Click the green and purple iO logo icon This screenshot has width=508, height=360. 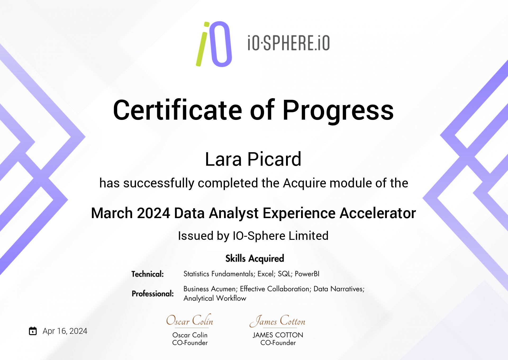pyautogui.click(x=214, y=44)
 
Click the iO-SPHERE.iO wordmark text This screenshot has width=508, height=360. pyautogui.click(x=289, y=43)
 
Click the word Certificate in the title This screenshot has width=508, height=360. pyautogui.click(x=178, y=110)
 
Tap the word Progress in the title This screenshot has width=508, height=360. pyautogui.click(x=338, y=111)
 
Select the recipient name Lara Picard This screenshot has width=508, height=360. pyautogui.click(x=253, y=159)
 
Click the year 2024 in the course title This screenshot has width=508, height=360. pyautogui.click(x=153, y=213)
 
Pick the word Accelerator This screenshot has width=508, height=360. pyautogui.click(x=378, y=213)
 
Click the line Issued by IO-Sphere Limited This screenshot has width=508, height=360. pyautogui.click(x=253, y=236)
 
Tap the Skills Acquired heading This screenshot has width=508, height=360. pyautogui.click(x=255, y=258)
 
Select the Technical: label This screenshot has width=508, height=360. pyautogui.click(x=148, y=274)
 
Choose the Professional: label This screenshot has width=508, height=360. pyautogui.click(x=153, y=294)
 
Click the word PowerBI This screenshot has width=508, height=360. pyautogui.click(x=307, y=274)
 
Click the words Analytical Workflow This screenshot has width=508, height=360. pyautogui.click(x=215, y=298)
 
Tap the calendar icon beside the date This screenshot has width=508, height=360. pyautogui.click(x=33, y=331)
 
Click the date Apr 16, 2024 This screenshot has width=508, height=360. pyautogui.click(x=65, y=331)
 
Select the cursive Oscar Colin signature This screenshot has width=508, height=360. pyautogui.click(x=190, y=320)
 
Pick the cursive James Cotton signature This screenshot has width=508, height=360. pyautogui.click(x=277, y=321)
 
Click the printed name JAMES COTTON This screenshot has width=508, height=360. pyautogui.click(x=278, y=335)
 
